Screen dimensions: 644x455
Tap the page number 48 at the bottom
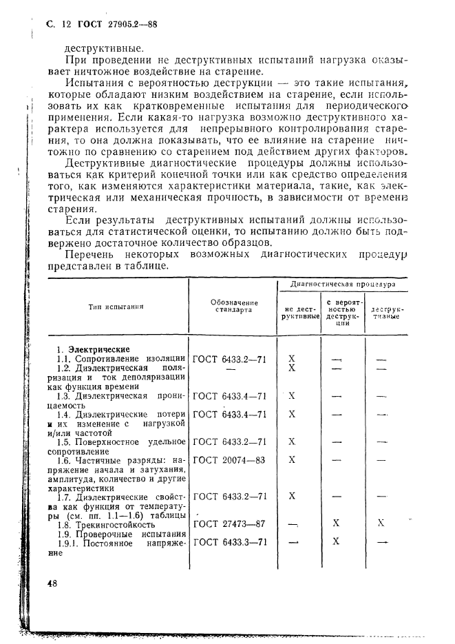point(52,583)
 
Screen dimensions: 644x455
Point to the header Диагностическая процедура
point(342,283)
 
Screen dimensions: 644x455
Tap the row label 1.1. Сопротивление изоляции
point(121,359)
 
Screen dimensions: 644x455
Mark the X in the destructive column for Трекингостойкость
point(381,523)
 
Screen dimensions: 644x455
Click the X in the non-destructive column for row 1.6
point(292,459)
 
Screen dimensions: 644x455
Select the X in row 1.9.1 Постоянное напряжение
point(337,542)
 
